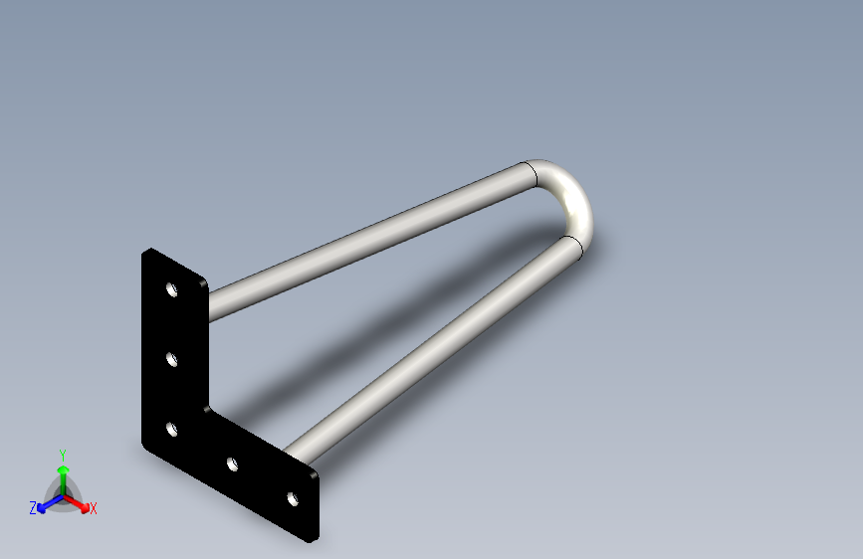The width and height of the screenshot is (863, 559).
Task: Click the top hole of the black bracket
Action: pos(172,291)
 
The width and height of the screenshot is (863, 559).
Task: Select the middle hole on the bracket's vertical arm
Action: pos(172,358)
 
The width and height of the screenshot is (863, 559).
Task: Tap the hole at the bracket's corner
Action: pos(172,430)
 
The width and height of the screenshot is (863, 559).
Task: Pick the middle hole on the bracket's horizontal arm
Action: pos(232,464)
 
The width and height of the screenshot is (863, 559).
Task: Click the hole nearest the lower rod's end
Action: pos(293,499)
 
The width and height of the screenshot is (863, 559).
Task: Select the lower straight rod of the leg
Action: pos(438,348)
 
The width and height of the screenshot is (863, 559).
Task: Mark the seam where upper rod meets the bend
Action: pos(536,174)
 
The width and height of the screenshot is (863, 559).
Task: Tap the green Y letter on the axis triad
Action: pos(62,452)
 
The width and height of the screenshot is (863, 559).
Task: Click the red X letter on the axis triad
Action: pos(94,509)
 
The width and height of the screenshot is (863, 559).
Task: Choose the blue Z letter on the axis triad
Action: pos(33,508)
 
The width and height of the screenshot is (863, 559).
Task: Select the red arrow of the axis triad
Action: pos(82,502)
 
